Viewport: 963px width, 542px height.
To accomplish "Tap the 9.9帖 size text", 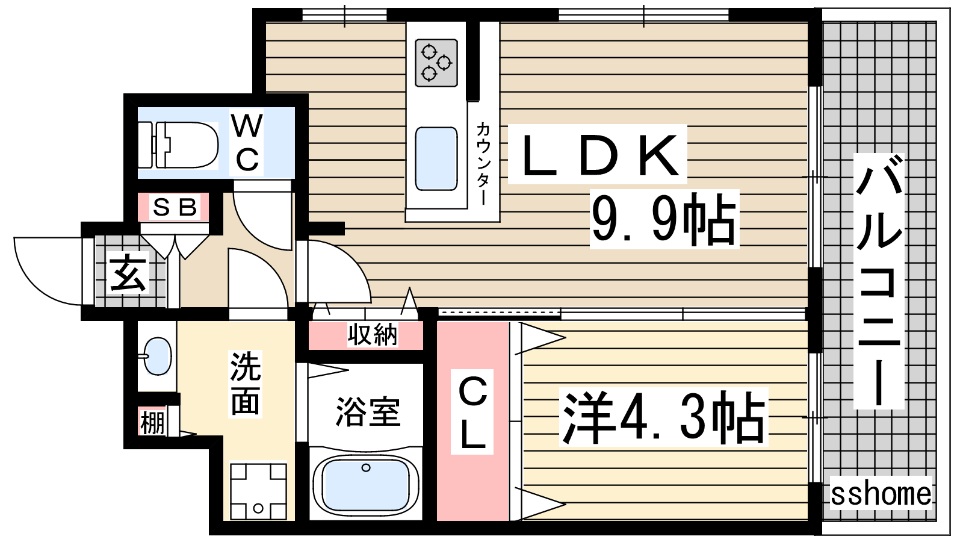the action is click(x=664, y=219).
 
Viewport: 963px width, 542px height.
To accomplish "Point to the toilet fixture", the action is click(x=178, y=145).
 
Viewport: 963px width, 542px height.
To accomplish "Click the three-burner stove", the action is click(x=436, y=63).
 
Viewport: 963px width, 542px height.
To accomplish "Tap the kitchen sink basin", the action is click(x=436, y=158).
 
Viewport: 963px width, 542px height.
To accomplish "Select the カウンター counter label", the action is click(x=483, y=163).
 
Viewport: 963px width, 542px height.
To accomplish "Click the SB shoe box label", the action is click(x=175, y=207).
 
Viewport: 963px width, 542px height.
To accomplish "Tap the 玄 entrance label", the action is click(x=128, y=272).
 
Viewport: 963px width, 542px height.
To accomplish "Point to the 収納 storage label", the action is click(x=373, y=335).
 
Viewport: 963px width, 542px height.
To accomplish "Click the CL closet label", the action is click(x=472, y=412).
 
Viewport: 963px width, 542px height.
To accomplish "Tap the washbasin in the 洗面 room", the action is click(x=157, y=356).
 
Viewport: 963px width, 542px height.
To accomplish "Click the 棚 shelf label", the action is click(x=152, y=422).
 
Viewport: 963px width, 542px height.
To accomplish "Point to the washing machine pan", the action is click(x=258, y=491).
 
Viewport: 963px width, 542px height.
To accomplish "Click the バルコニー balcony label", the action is click(x=878, y=281).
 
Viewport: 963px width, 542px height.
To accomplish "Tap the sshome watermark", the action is click(x=881, y=493).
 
